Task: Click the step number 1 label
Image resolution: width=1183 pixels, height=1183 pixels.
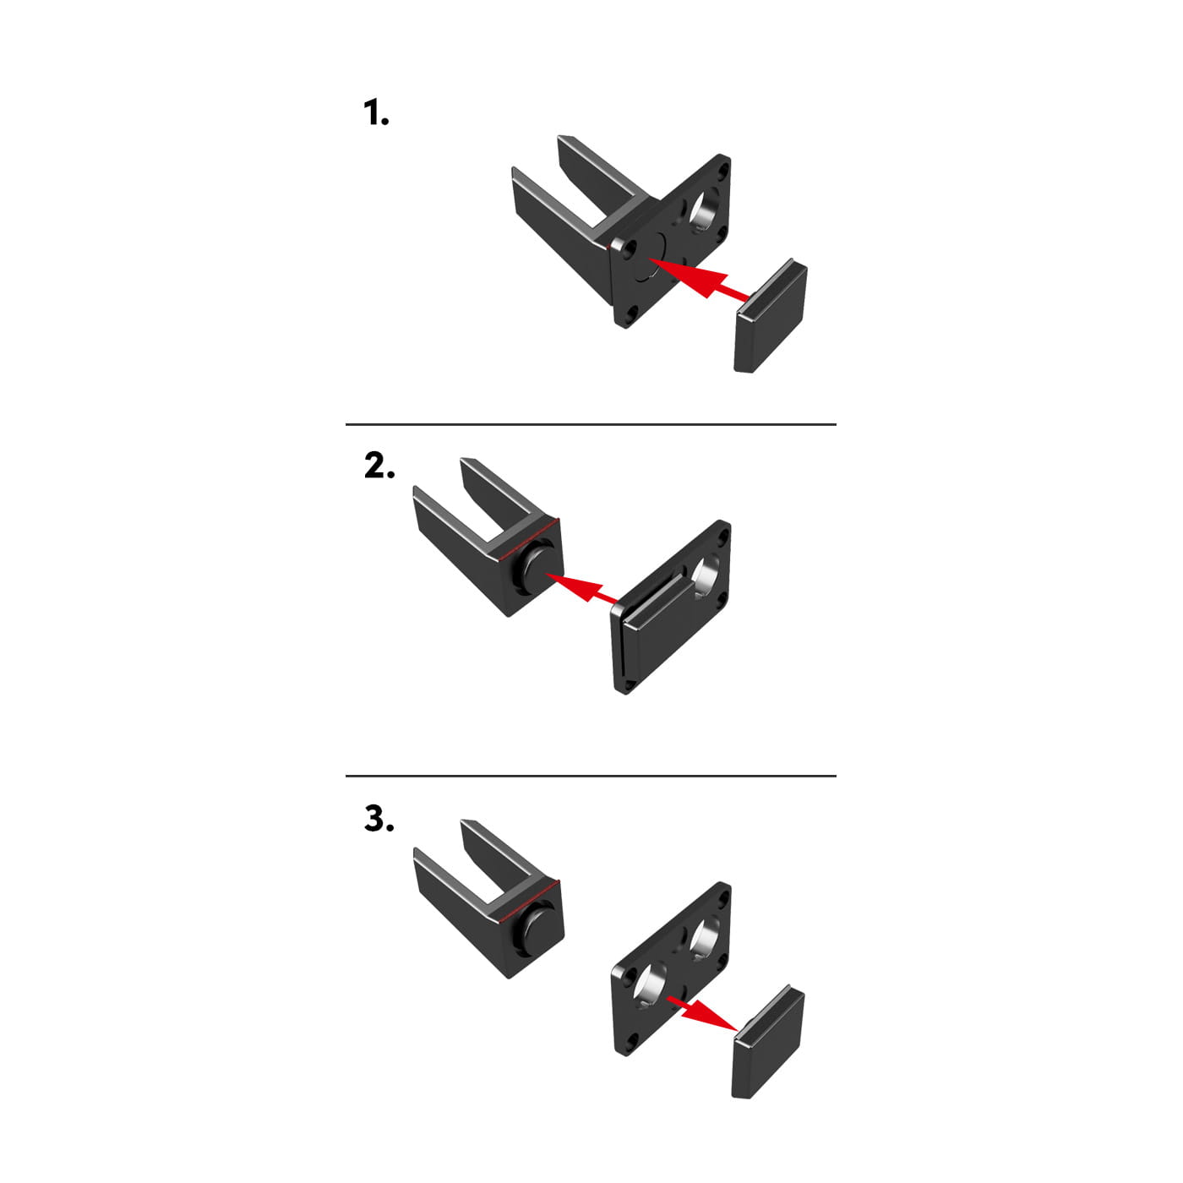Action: [376, 113]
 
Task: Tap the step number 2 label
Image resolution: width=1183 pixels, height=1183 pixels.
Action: [379, 466]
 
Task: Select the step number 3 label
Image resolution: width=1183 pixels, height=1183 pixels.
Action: [379, 818]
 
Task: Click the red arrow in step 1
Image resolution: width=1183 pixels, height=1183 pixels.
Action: [699, 280]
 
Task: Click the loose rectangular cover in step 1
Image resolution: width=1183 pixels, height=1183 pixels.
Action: [771, 316]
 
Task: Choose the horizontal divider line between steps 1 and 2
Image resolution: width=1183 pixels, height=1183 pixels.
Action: [591, 424]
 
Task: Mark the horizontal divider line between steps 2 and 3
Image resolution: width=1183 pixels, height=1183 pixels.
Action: [591, 776]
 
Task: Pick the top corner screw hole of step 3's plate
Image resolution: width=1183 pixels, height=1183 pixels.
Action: [723, 896]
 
